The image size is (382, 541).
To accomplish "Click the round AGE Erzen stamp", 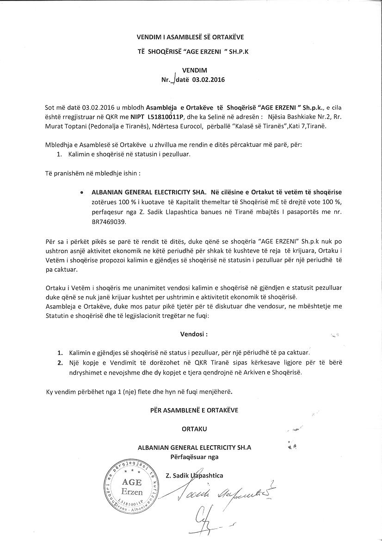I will pos(131,484).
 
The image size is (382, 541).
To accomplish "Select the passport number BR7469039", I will pos(108,222).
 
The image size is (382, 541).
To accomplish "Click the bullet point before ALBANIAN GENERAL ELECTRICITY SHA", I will pos(82,191).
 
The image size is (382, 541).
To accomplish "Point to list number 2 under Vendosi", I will pos(60,362).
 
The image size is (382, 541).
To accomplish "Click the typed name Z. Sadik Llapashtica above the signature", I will pos(194,475).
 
